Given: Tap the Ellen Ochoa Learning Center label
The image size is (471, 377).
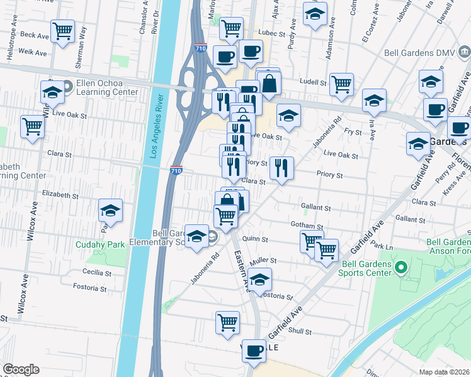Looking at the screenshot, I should [106, 87].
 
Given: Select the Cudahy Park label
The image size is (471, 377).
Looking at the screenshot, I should [100, 244].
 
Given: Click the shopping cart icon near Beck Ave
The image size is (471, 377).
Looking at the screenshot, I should [63, 31].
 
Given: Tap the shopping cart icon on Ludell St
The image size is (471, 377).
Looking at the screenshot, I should [341, 84].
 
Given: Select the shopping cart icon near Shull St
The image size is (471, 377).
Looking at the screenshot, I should [227, 323].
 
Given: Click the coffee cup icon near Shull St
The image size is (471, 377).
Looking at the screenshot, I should [254, 351].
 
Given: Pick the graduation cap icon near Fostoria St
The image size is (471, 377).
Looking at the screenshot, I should [259, 279].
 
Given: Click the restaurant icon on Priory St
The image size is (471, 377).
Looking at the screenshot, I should [281, 168].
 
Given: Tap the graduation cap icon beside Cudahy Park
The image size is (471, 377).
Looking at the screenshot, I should [110, 211].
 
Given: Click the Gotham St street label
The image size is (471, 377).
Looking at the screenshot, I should [307, 226].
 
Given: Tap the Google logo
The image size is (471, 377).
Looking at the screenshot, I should [21, 369].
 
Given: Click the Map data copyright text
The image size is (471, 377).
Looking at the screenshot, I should [445, 372].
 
